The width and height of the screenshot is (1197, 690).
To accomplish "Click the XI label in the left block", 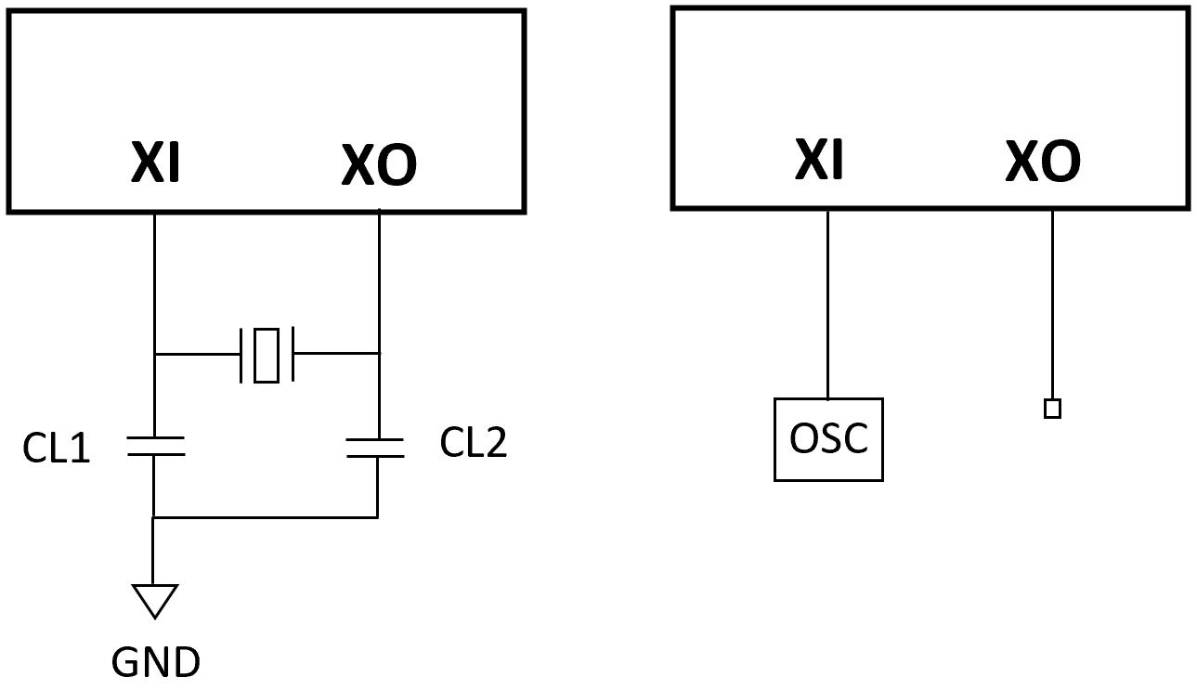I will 155,165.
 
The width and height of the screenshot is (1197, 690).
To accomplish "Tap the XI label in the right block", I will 819,161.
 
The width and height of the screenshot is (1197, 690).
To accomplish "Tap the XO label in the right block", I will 1043,163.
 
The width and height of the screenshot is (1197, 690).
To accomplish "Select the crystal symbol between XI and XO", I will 267,354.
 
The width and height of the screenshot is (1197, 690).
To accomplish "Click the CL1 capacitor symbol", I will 155,446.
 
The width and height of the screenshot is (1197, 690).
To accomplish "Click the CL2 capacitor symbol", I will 375,449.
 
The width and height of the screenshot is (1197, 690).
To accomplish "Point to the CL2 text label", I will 474,444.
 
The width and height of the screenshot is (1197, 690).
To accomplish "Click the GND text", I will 155,662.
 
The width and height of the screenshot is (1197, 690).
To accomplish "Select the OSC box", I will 828,439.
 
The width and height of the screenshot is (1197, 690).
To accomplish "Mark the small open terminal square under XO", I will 1052,409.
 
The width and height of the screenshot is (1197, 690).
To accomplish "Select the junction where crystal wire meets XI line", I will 154,354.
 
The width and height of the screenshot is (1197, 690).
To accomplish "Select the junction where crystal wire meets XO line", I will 380,353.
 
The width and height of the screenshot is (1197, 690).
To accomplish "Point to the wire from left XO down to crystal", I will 380,279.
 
